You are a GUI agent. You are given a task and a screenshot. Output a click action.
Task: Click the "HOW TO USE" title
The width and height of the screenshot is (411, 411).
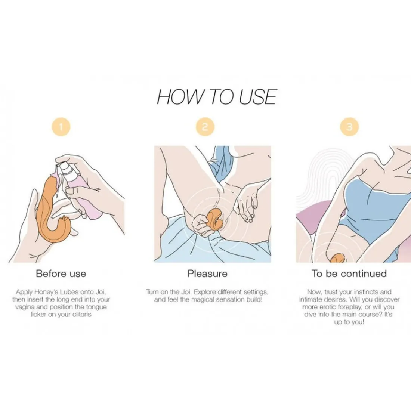click(x=216, y=96)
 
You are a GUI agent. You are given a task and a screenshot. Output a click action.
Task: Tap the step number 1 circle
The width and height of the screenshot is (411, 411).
click(x=61, y=127)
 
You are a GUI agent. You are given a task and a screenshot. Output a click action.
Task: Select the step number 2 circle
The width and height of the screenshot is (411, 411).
click(x=205, y=127)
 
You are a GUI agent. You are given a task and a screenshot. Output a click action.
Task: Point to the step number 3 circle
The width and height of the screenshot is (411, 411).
click(x=349, y=127)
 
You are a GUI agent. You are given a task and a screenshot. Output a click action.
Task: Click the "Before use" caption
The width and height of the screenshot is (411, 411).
click(x=61, y=274)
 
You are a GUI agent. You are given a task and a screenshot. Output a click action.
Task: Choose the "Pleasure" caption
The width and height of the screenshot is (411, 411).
click(x=207, y=274)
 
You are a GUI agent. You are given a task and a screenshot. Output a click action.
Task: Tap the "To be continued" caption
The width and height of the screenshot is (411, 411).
click(x=349, y=274)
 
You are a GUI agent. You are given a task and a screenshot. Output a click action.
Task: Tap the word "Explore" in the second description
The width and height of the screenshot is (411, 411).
click(x=205, y=292)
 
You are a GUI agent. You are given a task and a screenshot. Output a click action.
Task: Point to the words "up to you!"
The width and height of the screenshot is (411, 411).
click(x=349, y=322)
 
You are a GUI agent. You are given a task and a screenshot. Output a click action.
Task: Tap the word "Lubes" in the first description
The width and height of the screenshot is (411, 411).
click(x=69, y=292)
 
